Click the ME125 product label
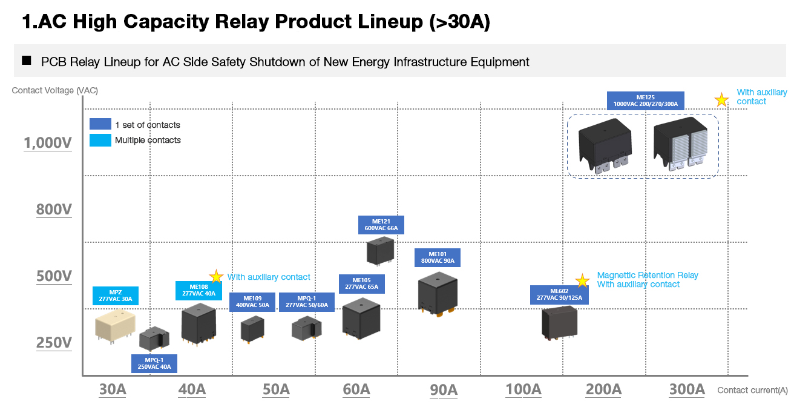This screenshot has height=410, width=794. tap(645, 101)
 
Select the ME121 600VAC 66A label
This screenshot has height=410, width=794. tap(381, 225)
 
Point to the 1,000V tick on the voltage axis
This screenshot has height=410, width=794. tap(48, 143)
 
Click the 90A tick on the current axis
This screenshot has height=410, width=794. tap(444, 389)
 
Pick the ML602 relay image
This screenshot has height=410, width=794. tap(559, 322)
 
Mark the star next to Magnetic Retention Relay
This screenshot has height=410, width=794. tap(582, 280)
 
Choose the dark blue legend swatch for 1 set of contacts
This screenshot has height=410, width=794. tap(100, 124)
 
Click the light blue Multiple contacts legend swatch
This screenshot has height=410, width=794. tap(100, 140)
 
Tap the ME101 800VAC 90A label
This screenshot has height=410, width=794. tap(437, 258)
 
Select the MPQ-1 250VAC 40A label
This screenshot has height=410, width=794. tap(154, 363)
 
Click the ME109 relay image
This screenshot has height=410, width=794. tap(252, 330)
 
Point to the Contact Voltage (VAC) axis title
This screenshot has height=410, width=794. tap(55, 91)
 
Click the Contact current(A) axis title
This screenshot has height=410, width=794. tap(752, 391)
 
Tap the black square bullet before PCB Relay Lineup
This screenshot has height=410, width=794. tap(26, 61)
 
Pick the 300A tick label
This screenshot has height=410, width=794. tap(687, 389)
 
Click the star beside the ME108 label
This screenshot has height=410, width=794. tap(216, 277)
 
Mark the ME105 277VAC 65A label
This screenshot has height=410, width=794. tap(361, 283)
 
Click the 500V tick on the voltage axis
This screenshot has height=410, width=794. tap(54, 276)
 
